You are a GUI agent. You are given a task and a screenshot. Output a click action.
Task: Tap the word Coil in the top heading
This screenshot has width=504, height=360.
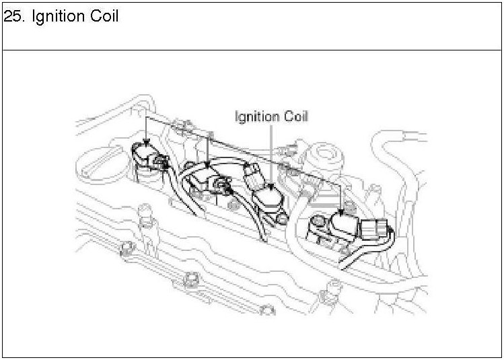[x=104, y=17]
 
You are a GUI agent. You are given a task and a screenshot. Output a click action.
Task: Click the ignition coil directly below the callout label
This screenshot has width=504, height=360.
[x=270, y=196]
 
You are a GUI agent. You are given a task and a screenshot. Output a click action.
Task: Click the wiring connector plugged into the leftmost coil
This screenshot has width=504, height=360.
[x=161, y=161]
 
